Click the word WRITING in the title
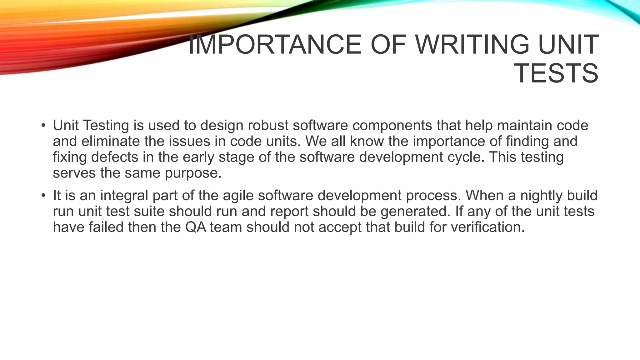click(x=472, y=45)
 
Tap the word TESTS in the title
click(x=556, y=74)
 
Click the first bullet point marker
click(x=43, y=126)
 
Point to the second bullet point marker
click(x=43, y=196)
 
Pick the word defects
click(x=115, y=157)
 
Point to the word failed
click(x=106, y=227)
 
